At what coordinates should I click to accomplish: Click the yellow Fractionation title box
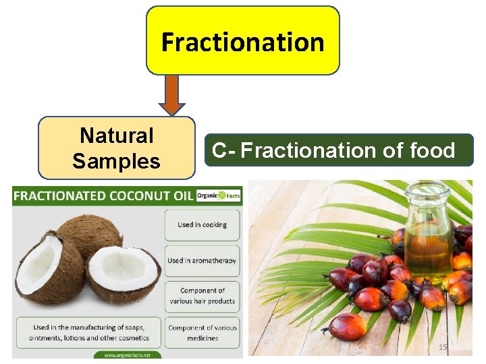click(x=243, y=40)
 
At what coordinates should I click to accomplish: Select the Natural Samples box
click(x=116, y=148)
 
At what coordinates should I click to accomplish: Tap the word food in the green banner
click(x=432, y=150)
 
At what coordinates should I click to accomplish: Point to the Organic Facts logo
click(x=218, y=196)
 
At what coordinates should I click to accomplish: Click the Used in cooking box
click(x=202, y=225)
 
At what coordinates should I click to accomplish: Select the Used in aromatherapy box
click(x=202, y=260)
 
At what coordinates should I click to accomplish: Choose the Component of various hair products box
click(x=202, y=296)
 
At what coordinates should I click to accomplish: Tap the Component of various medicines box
click(x=202, y=332)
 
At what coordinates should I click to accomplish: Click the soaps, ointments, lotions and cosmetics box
click(x=88, y=332)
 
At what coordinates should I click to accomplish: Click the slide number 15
click(x=443, y=346)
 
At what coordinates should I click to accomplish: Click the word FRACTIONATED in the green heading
click(x=57, y=196)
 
